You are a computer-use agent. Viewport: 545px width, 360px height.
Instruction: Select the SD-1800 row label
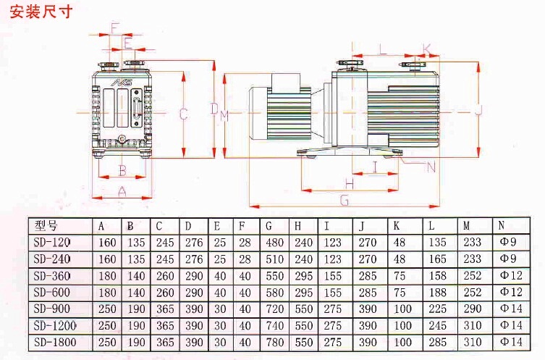[54, 341]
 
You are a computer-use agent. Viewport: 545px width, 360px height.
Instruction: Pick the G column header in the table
[269, 225]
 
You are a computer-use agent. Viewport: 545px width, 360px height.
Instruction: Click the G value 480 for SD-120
[275, 242]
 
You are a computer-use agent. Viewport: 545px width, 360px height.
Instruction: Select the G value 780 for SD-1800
[275, 341]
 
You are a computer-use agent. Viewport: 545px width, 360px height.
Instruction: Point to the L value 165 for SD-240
[439, 259]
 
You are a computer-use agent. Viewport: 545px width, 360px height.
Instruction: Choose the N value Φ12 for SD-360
[510, 275]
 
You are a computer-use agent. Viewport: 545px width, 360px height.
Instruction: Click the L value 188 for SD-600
[439, 292]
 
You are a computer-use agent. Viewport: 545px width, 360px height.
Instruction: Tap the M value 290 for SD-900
[472, 309]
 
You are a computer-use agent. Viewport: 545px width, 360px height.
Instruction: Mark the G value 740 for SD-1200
[275, 325]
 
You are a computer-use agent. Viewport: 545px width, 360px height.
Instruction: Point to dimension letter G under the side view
[345, 200]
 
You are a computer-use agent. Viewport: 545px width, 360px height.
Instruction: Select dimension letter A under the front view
[122, 191]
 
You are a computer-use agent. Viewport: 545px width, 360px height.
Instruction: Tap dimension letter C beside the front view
[184, 114]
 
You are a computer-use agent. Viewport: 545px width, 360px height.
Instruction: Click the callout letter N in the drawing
[431, 167]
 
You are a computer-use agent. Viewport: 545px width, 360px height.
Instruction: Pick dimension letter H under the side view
[349, 183]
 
